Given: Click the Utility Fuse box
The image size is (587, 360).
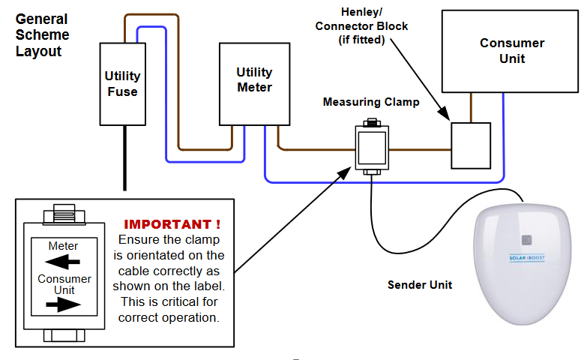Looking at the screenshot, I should pos(122,83).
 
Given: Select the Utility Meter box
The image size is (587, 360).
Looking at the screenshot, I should pos(254,83).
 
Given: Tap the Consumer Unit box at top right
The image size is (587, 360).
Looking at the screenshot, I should pos(511,50).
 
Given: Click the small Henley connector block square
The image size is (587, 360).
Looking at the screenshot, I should pos(470,145).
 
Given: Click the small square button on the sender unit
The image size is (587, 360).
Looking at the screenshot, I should pos(526,241).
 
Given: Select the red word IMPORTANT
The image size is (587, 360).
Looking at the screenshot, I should pos(172,224).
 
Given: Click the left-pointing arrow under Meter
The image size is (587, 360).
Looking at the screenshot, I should pos(63,262).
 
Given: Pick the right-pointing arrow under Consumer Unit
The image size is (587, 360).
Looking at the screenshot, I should pos(63,304).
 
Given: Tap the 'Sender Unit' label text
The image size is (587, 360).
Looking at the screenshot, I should pos(420,285).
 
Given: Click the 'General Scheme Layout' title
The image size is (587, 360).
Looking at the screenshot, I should pos(42,35).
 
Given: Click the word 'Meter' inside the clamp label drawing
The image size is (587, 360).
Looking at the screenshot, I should pos(63,246).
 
